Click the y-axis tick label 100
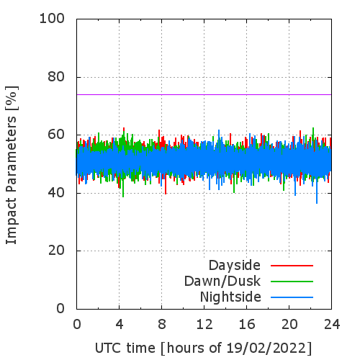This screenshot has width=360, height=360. coord(52,19)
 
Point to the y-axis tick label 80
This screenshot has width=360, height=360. coord(56,77)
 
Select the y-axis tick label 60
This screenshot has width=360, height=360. coord(56,135)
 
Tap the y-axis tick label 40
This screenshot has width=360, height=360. coord(56,192)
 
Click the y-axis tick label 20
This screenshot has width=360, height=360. coord(56,251)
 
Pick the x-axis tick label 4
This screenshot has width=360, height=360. coord(120,325)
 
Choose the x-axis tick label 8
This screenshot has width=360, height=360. coord(162,325)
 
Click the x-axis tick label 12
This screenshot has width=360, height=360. coord(204,325)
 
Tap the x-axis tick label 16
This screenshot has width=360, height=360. coord(247,325)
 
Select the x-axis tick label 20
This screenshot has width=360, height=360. coord(289,325)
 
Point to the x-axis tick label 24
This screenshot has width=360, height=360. coord(332,325)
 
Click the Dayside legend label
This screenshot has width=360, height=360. coord(235,266)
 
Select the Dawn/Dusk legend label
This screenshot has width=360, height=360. coord(222,281)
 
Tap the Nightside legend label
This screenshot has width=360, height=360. coord(230,297)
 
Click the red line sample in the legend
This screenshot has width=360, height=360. coord(292,266)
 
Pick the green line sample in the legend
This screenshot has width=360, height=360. coord(292,282)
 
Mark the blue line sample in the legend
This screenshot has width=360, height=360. coord(292,297)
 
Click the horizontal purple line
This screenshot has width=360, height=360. coord(204,94)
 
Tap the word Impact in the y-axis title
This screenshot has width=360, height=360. coord(11,221)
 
